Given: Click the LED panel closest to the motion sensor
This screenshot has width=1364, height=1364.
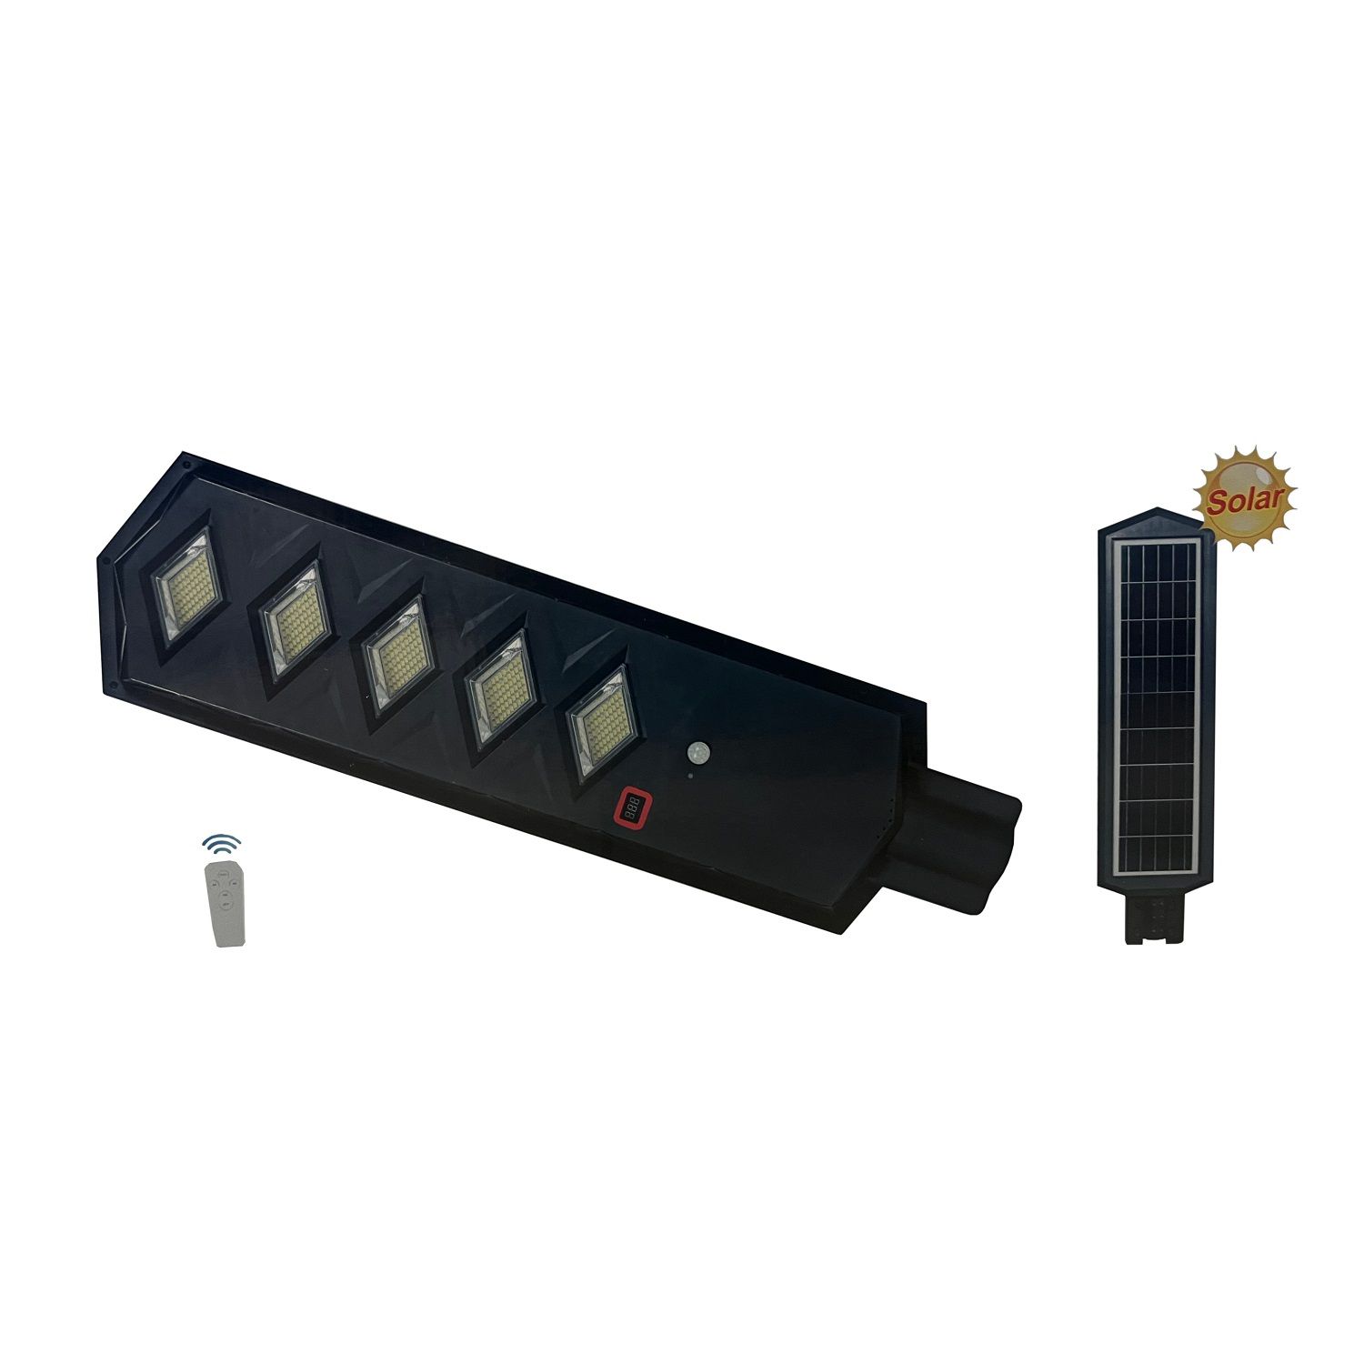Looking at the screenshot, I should [600, 723].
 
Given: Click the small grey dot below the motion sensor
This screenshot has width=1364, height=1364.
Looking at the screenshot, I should [690, 776].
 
